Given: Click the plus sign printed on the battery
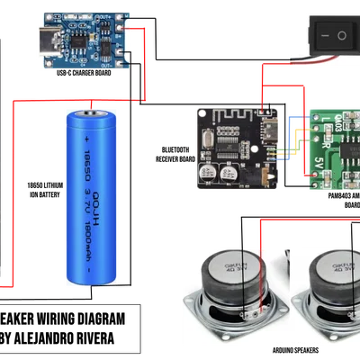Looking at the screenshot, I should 87,141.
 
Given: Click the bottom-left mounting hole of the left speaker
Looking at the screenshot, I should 191,333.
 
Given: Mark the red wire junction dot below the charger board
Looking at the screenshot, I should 142,100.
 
